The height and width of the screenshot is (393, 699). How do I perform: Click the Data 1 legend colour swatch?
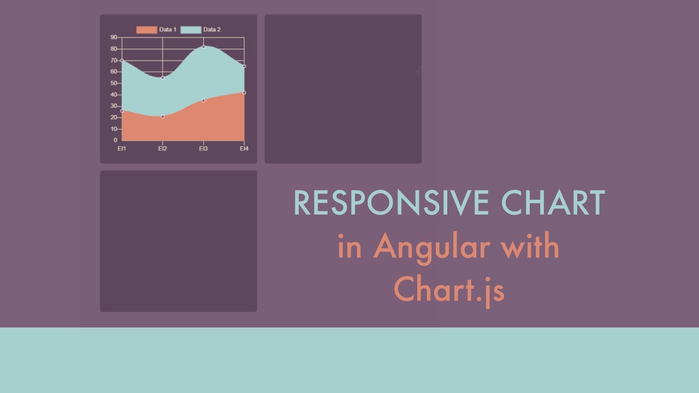point(146,29)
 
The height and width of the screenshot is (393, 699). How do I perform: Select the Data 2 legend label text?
point(212,29)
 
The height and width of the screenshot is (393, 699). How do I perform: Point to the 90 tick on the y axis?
point(114,37)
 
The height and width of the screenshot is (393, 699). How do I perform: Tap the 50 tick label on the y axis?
point(114,83)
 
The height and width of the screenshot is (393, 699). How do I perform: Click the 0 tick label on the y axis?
point(115,140)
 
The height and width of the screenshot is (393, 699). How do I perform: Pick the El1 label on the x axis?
point(122,148)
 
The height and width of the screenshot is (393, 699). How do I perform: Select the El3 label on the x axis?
point(203,148)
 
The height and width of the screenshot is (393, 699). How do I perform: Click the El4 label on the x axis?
point(244,148)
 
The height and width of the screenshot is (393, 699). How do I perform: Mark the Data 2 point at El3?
point(204,46)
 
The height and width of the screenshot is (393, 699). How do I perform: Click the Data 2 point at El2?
point(163,78)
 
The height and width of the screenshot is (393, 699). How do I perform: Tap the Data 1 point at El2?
point(163,116)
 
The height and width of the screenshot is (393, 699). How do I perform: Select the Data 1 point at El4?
point(244,92)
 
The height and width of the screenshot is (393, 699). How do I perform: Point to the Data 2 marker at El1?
point(122,60)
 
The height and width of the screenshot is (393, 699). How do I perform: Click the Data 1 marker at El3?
point(204,100)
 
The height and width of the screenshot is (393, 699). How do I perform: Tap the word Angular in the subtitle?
point(431,247)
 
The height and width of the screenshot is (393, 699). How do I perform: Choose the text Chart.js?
point(449,289)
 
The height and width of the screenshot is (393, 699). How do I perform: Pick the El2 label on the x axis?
point(163,148)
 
